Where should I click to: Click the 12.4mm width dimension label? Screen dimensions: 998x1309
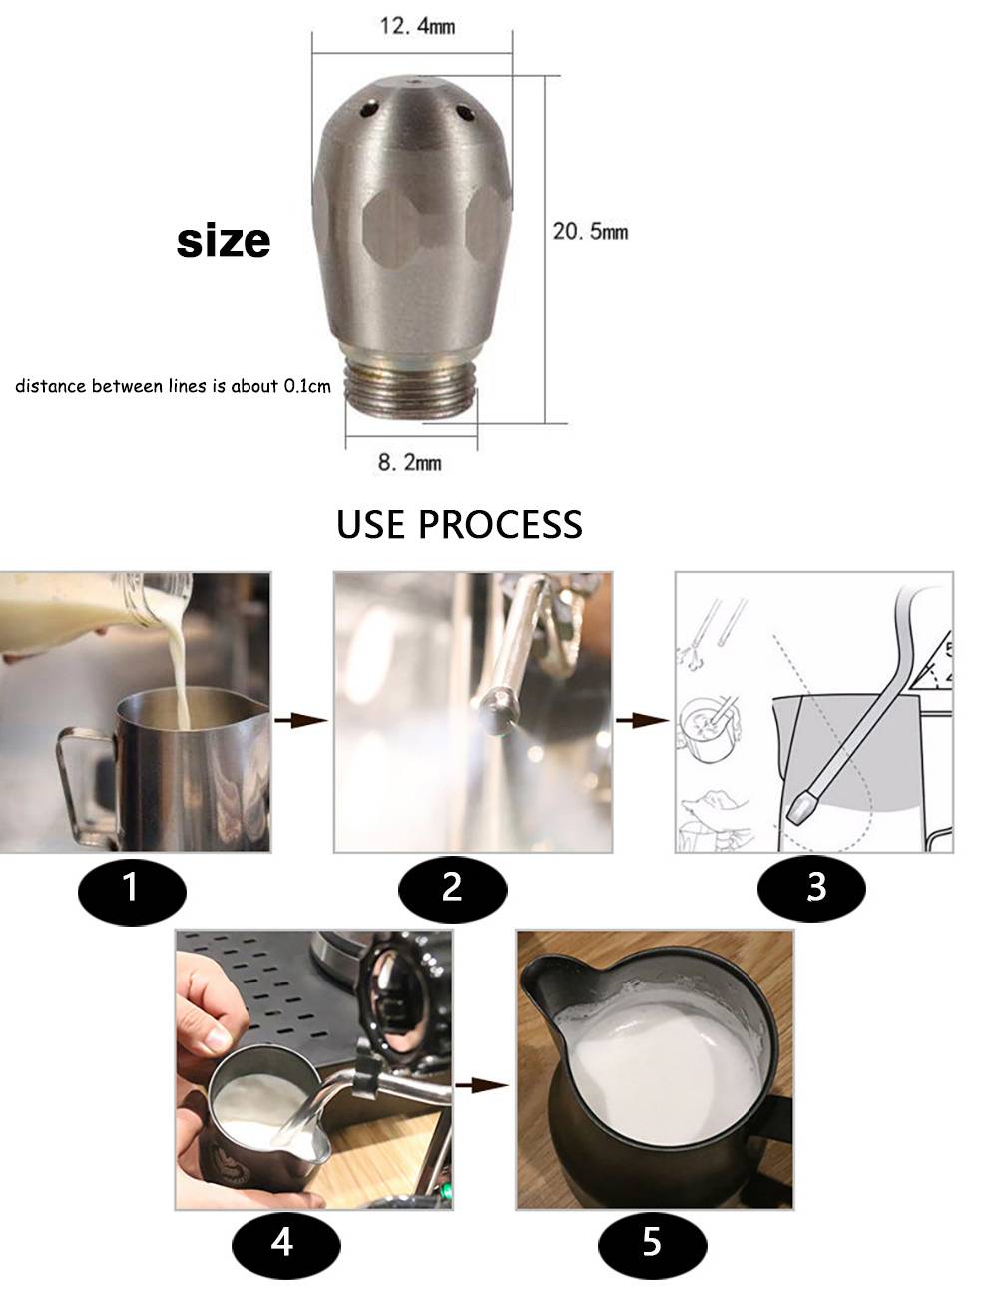point(417,26)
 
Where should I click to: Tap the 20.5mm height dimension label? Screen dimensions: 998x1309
point(590,232)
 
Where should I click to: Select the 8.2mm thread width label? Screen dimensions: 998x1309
point(410,462)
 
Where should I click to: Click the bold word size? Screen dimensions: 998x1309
point(224,241)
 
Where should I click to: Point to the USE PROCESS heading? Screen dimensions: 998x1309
point(459,525)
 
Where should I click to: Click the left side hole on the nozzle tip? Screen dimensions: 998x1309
point(369,109)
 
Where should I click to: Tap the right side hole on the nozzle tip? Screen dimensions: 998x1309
point(464,111)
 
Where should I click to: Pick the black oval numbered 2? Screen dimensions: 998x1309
point(452,887)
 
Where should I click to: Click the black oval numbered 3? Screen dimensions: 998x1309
point(811,887)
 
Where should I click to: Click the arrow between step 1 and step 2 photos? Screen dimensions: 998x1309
point(300,720)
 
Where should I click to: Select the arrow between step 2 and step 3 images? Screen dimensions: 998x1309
point(643,720)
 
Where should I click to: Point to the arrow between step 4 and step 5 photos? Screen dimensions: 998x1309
point(482,1084)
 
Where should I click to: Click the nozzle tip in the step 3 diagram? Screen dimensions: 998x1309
point(804,807)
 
